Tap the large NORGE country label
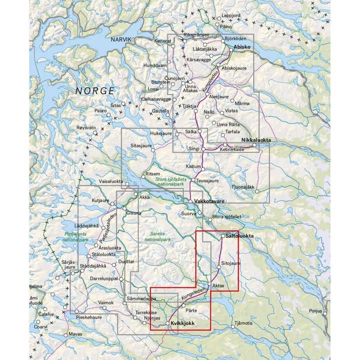[95, 90]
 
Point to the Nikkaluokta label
[254, 140]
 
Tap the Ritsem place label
[152, 173]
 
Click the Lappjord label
[231, 15]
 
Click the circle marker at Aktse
[210, 285]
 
